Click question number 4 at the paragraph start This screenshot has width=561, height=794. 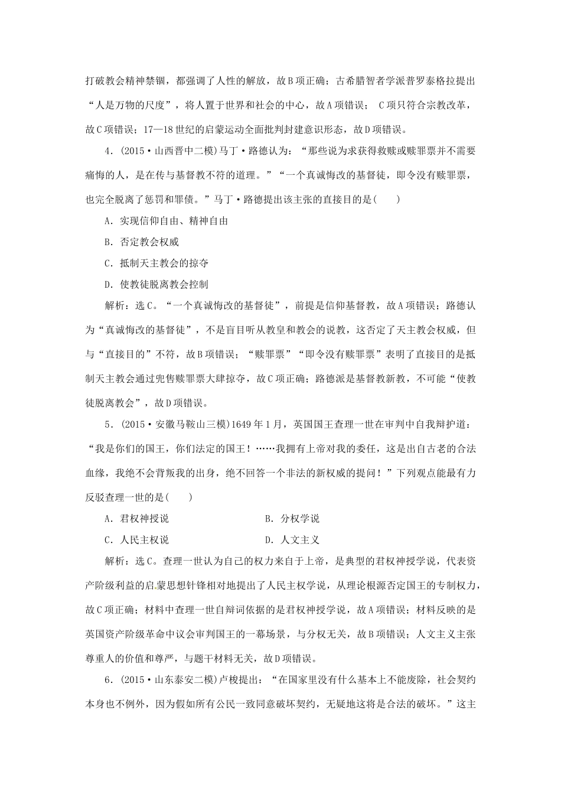point(107,151)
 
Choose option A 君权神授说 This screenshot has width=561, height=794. point(136,518)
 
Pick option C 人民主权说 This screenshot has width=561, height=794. point(136,539)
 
